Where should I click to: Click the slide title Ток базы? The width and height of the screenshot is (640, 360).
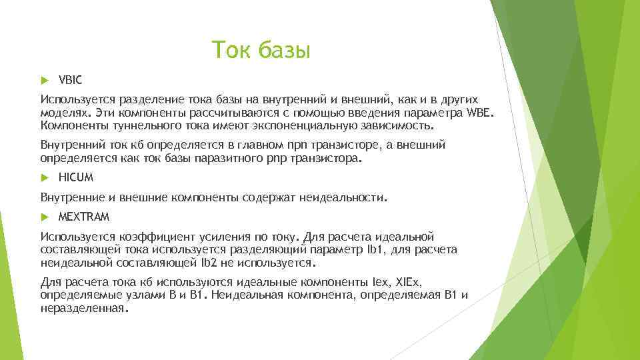[261, 50]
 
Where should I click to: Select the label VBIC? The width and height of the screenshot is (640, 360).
[70, 80]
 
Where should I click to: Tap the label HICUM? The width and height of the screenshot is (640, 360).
[75, 177]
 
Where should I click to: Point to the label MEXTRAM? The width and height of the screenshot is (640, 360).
[84, 217]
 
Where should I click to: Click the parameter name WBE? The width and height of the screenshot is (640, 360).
[481, 111]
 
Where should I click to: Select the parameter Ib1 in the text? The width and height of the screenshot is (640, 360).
[371, 249]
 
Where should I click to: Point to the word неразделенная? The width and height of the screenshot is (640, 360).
[82, 307]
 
